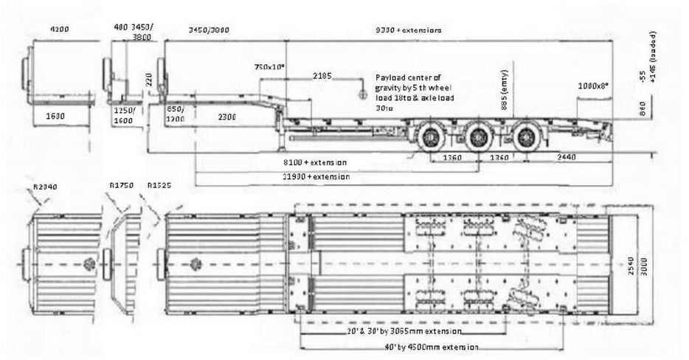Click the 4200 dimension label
(x=59, y=30)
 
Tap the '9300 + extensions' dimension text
(x=408, y=30)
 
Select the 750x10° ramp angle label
(x=270, y=67)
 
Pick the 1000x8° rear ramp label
(x=595, y=86)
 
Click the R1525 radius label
(x=160, y=186)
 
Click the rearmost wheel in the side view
(x=525, y=137)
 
